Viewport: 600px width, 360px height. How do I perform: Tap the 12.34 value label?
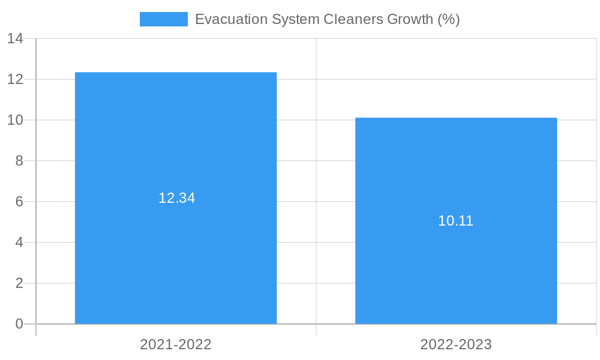click(176, 198)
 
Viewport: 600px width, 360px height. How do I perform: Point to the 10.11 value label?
click(456, 221)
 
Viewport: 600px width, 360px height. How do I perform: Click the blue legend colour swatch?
click(163, 19)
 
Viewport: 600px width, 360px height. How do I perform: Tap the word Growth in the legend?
click(410, 19)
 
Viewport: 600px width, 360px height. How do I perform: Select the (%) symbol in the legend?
click(449, 19)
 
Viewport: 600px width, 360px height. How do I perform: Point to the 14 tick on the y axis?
click(15, 39)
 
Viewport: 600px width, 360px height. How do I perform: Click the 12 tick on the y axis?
click(15, 79)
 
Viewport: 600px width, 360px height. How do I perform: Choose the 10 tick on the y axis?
click(15, 120)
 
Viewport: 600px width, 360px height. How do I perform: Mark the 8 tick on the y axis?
click(19, 161)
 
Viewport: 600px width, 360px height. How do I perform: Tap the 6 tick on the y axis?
click(19, 202)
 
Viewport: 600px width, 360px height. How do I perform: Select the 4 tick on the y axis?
click(19, 242)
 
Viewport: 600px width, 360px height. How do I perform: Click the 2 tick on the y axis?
click(19, 283)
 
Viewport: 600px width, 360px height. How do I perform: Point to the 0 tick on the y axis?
click(19, 324)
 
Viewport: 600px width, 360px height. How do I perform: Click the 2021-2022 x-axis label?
click(176, 344)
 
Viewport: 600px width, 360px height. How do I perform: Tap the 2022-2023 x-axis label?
click(456, 344)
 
